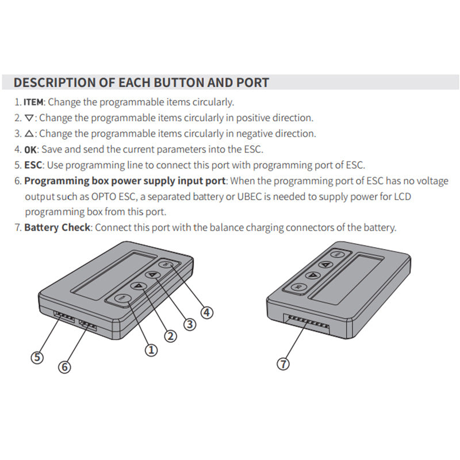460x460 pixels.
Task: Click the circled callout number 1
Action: point(151,350)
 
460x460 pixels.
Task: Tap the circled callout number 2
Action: point(170,336)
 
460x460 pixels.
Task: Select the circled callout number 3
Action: point(190,324)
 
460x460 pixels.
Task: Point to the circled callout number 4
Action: point(207,312)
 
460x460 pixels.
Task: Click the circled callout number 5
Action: point(37,357)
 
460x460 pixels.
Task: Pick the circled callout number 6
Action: point(64,367)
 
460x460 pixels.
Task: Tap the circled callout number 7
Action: point(283,364)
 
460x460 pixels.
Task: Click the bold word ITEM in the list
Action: point(33,102)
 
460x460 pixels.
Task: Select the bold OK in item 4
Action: point(30,150)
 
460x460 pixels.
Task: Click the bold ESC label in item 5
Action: point(33,165)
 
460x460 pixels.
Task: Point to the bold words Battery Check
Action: point(57,227)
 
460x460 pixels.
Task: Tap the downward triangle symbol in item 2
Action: point(29,118)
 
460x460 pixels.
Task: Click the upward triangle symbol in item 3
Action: point(29,134)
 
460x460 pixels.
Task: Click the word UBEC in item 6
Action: point(249,197)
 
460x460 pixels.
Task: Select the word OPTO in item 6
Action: point(103,197)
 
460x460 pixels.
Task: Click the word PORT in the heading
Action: point(252,83)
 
